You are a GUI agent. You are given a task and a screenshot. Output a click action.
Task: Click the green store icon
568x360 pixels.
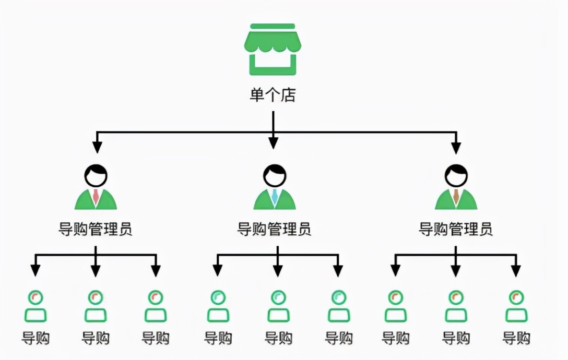[273, 50]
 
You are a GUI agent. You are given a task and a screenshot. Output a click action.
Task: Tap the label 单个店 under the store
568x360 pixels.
[273, 95]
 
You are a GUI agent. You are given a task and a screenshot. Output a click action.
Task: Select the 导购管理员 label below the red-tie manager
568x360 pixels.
[96, 229]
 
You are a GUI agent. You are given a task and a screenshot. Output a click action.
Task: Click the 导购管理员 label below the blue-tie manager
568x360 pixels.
[275, 229]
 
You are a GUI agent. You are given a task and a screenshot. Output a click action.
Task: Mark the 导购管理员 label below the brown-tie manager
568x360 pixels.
[456, 229]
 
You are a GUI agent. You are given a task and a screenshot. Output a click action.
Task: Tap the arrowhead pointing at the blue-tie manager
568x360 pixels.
[273, 143]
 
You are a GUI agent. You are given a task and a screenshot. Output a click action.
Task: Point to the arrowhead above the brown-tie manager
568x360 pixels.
[456, 148]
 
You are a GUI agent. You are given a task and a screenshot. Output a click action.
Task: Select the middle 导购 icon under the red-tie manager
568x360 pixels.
[96, 307]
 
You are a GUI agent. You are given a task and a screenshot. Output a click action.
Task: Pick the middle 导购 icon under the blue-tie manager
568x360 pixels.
[278, 307]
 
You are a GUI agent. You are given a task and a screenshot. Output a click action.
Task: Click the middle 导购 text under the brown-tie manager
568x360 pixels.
[456, 338]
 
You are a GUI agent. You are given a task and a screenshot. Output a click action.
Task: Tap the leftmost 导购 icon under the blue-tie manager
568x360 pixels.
[218, 307]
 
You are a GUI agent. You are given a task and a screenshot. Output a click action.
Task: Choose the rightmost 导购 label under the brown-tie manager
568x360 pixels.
[516, 338]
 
